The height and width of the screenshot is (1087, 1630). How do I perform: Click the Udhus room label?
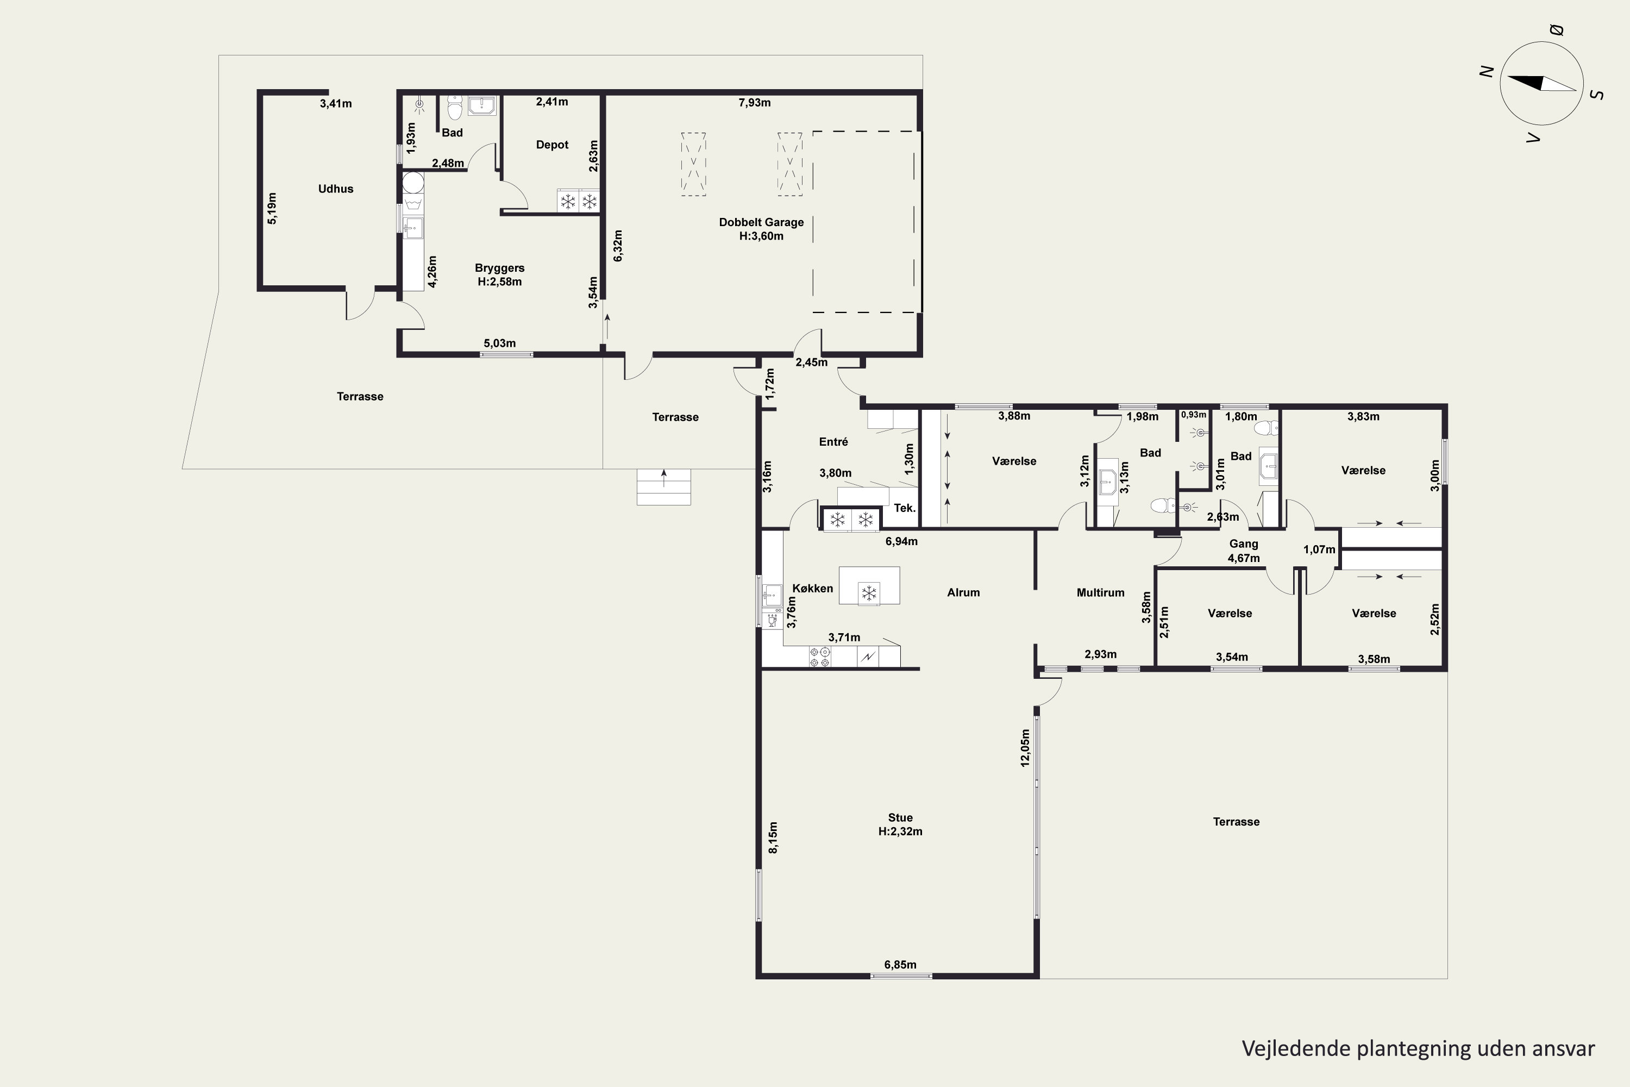pyautogui.click(x=335, y=189)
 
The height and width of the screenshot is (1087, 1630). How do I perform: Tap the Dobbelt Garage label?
pyautogui.click(x=761, y=222)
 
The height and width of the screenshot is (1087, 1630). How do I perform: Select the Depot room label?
pyautogui.click(x=551, y=145)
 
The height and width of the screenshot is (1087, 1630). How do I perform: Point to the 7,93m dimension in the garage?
pyautogui.click(x=754, y=103)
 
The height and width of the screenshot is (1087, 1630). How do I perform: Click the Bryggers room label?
pyautogui.click(x=500, y=268)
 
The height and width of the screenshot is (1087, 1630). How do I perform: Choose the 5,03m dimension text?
pyautogui.click(x=500, y=343)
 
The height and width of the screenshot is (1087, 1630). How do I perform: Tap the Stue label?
pyautogui.click(x=900, y=818)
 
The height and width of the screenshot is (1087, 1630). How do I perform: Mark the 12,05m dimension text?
pyautogui.click(x=1025, y=747)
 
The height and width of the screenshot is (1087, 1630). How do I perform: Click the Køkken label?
pyautogui.click(x=812, y=589)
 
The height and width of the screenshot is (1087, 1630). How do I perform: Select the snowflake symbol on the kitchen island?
pyautogui.click(x=868, y=593)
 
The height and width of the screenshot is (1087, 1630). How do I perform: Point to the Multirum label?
pyautogui.click(x=1101, y=593)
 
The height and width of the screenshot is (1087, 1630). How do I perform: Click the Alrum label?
pyautogui.click(x=963, y=593)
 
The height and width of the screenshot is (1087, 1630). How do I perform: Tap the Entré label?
pyautogui.click(x=833, y=441)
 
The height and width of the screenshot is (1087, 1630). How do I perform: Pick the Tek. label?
pyautogui.click(x=905, y=508)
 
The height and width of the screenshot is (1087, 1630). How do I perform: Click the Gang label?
pyautogui.click(x=1243, y=544)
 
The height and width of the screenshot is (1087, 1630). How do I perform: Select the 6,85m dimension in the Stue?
pyautogui.click(x=900, y=965)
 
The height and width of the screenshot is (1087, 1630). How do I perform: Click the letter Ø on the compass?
pyautogui.click(x=1556, y=30)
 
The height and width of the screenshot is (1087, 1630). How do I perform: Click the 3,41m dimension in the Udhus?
pyautogui.click(x=335, y=104)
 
